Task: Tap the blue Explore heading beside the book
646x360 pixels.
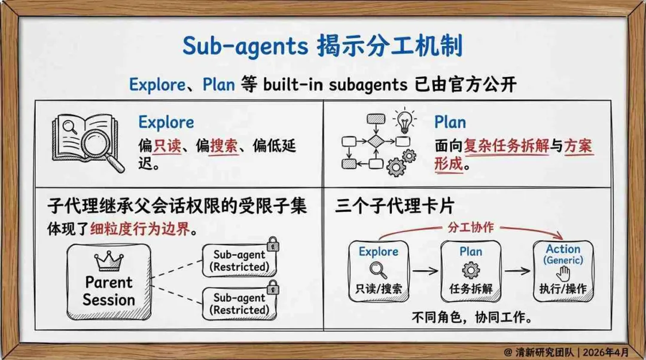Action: [x=166, y=123]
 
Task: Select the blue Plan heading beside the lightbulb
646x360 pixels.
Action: [x=450, y=123]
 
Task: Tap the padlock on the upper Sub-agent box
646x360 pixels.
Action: [x=273, y=244]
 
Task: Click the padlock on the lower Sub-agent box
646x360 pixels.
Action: [x=273, y=288]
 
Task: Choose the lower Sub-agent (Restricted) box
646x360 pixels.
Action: [x=239, y=304]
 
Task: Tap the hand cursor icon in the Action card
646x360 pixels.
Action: [x=563, y=273]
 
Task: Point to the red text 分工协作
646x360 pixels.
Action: [x=471, y=227]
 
